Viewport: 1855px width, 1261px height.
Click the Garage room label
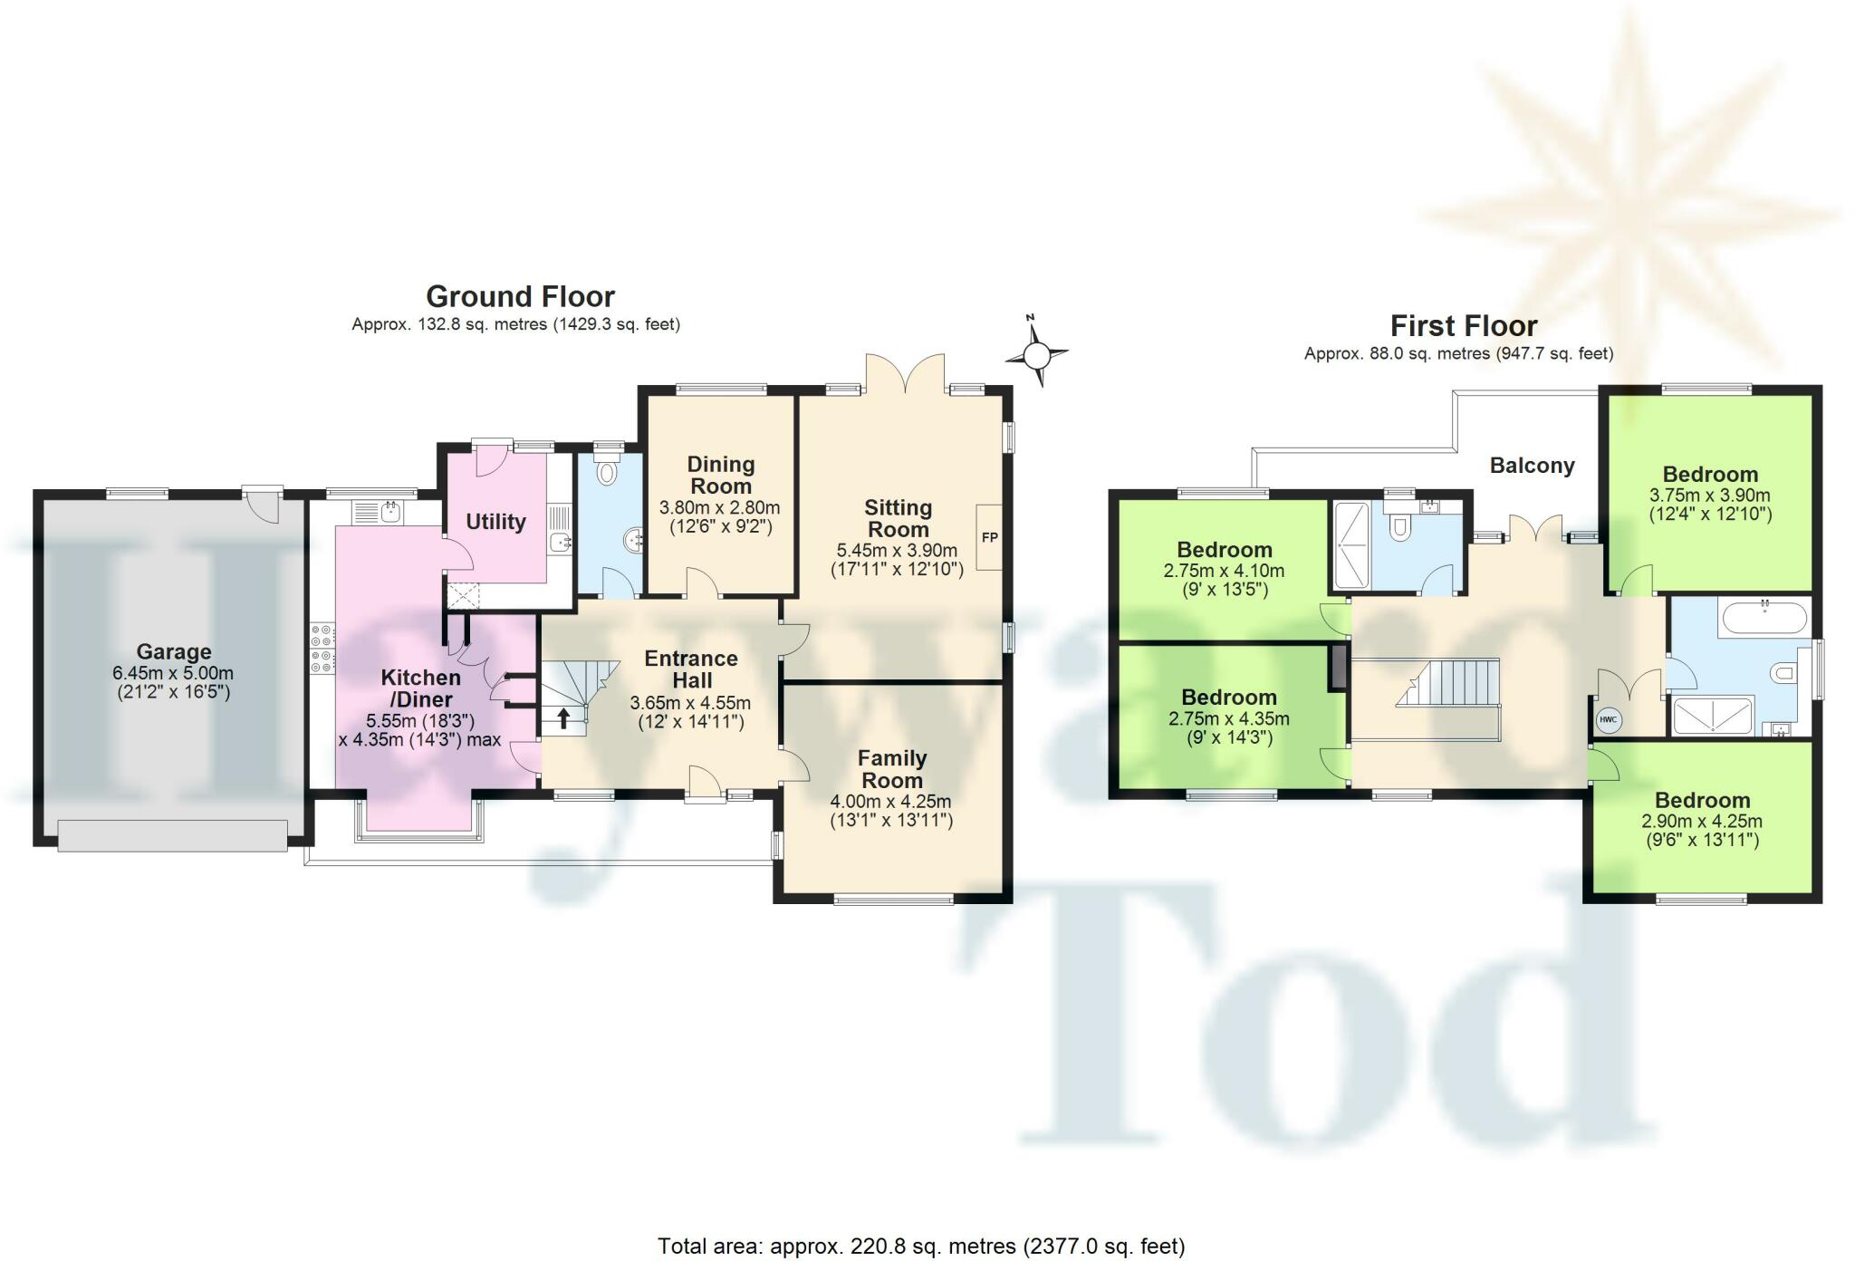coord(173,651)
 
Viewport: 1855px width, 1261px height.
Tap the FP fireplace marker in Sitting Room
coord(989,537)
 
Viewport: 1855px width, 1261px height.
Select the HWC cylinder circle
coord(1608,721)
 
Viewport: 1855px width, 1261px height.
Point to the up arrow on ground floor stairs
coord(563,718)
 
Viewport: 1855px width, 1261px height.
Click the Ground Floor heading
coord(520,296)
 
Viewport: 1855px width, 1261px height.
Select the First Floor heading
coord(1464,325)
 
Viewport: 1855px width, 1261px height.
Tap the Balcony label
coord(1532,466)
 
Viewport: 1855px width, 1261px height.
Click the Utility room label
coord(495,521)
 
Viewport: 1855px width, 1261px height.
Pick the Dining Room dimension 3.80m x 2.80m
coord(720,507)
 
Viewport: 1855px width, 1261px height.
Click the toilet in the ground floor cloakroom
coord(607,471)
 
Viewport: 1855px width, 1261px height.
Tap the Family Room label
coord(892,768)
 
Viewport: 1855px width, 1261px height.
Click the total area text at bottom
coord(920,1246)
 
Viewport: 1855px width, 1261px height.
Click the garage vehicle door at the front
coord(172,834)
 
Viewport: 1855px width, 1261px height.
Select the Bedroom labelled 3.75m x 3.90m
coord(1710,474)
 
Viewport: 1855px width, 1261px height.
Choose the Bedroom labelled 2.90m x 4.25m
coord(1702,800)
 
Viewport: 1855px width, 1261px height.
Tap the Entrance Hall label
coord(691,669)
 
